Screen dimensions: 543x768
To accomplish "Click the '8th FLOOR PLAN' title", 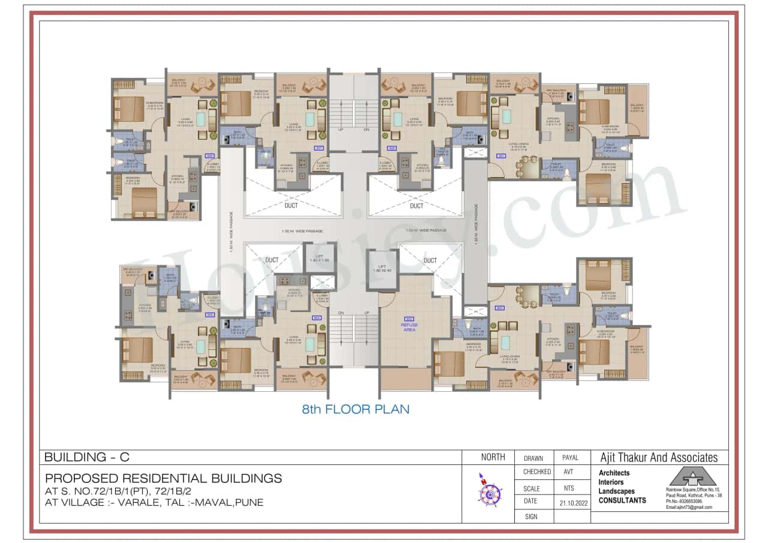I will (356, 409).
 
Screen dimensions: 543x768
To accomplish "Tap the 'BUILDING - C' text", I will (87, 457).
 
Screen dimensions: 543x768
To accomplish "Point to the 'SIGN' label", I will (531, 516).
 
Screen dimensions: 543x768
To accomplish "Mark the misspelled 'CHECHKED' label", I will (536, 472).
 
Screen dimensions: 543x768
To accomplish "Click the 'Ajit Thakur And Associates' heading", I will (659, 458).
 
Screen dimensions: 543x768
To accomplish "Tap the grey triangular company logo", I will (692, 477).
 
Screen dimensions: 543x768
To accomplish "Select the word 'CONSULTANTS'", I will (622, 500).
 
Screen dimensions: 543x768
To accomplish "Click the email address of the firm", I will (689, 508).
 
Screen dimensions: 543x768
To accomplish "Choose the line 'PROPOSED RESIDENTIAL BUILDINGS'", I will (163, 479).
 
